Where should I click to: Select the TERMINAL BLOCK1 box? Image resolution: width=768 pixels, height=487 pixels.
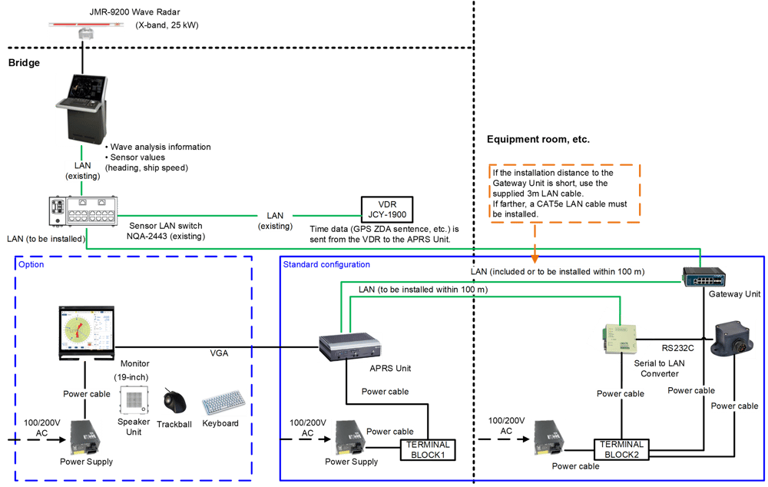click(x=427, y=449)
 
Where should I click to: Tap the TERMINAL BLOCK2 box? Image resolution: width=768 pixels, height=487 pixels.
click(x=621, y=449)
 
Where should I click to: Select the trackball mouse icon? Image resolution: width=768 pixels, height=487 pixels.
click(x=174, y=401)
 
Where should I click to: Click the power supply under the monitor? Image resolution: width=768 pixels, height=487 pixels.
click(x=86, y=437)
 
